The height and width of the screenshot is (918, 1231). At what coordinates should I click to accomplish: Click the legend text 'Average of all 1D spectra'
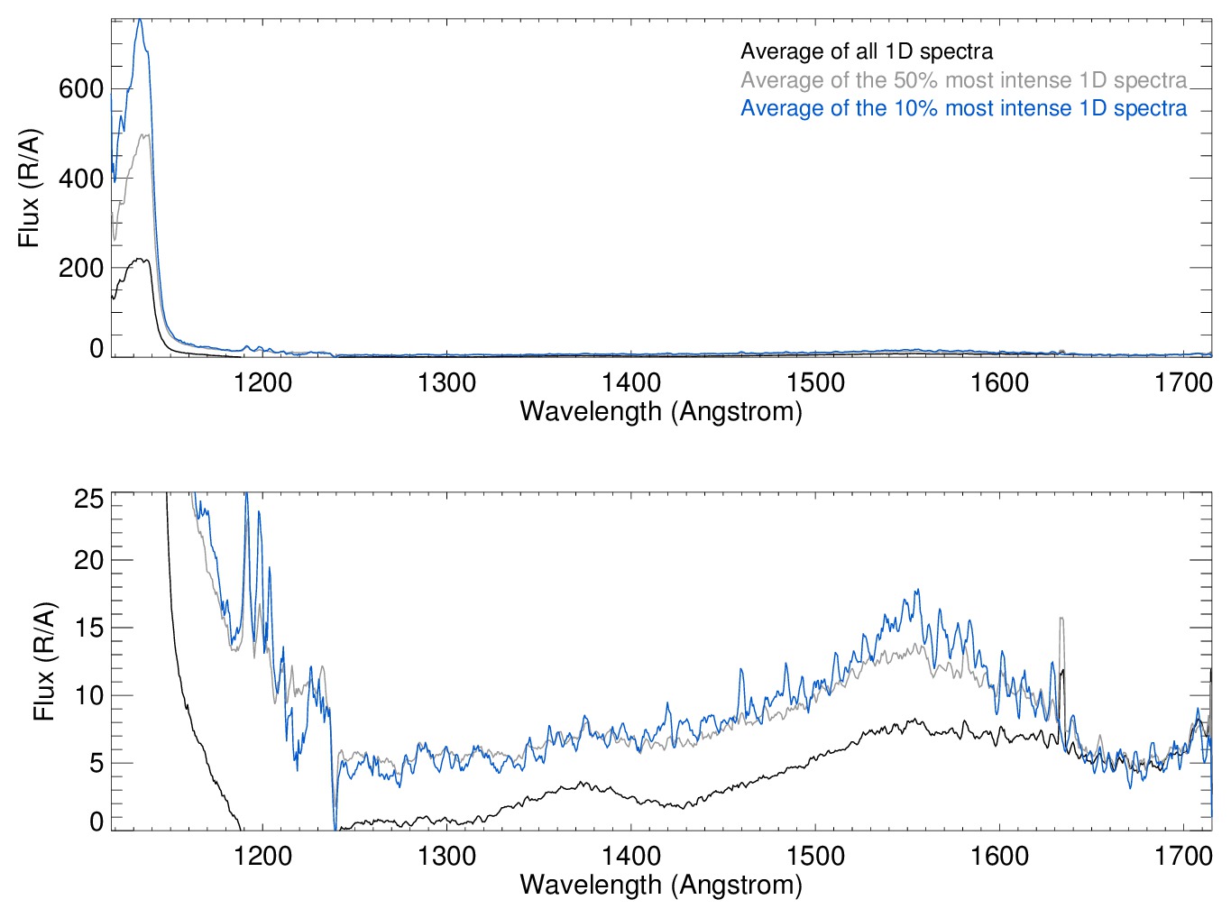click(867, 51)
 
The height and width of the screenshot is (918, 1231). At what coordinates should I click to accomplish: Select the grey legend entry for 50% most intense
click(963, 80)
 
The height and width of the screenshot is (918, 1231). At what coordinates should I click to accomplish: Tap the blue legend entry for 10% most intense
click(963, 108)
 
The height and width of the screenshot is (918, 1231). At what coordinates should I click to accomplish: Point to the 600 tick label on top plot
click(81, 88)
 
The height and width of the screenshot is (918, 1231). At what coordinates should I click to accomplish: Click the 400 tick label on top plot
click(81, 179)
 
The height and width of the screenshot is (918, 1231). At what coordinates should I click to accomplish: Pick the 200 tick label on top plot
click(81, 268)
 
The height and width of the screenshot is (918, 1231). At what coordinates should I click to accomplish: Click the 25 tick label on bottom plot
click(89, 499)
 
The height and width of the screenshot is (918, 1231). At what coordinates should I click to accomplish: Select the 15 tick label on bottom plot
click(89, 628)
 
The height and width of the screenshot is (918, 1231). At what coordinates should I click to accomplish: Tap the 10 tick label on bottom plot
click(89, 695)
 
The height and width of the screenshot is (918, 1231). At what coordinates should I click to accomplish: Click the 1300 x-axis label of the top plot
click(446, 383)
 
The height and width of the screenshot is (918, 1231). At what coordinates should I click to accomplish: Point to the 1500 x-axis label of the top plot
click(815, 383)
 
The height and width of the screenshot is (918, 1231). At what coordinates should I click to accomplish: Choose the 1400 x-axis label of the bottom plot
click(631, 856)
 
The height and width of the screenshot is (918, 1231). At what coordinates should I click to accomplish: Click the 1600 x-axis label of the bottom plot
click(999, 856)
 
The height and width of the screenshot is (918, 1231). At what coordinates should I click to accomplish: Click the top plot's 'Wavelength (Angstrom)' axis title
click(661, 412)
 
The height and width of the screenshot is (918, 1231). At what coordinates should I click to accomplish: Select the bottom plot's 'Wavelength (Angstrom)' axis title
click(661, 885)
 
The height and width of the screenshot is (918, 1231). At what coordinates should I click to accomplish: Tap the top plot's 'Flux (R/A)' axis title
click(29, 188)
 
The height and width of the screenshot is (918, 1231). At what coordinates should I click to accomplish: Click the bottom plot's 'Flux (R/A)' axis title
click(44, 661)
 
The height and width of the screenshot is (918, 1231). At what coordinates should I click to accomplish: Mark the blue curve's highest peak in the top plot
click(140, 20)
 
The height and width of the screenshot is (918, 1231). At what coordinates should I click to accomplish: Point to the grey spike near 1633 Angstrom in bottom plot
click(1061, 620)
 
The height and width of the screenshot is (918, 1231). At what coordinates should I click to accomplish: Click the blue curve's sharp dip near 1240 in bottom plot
click(335, 826)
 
